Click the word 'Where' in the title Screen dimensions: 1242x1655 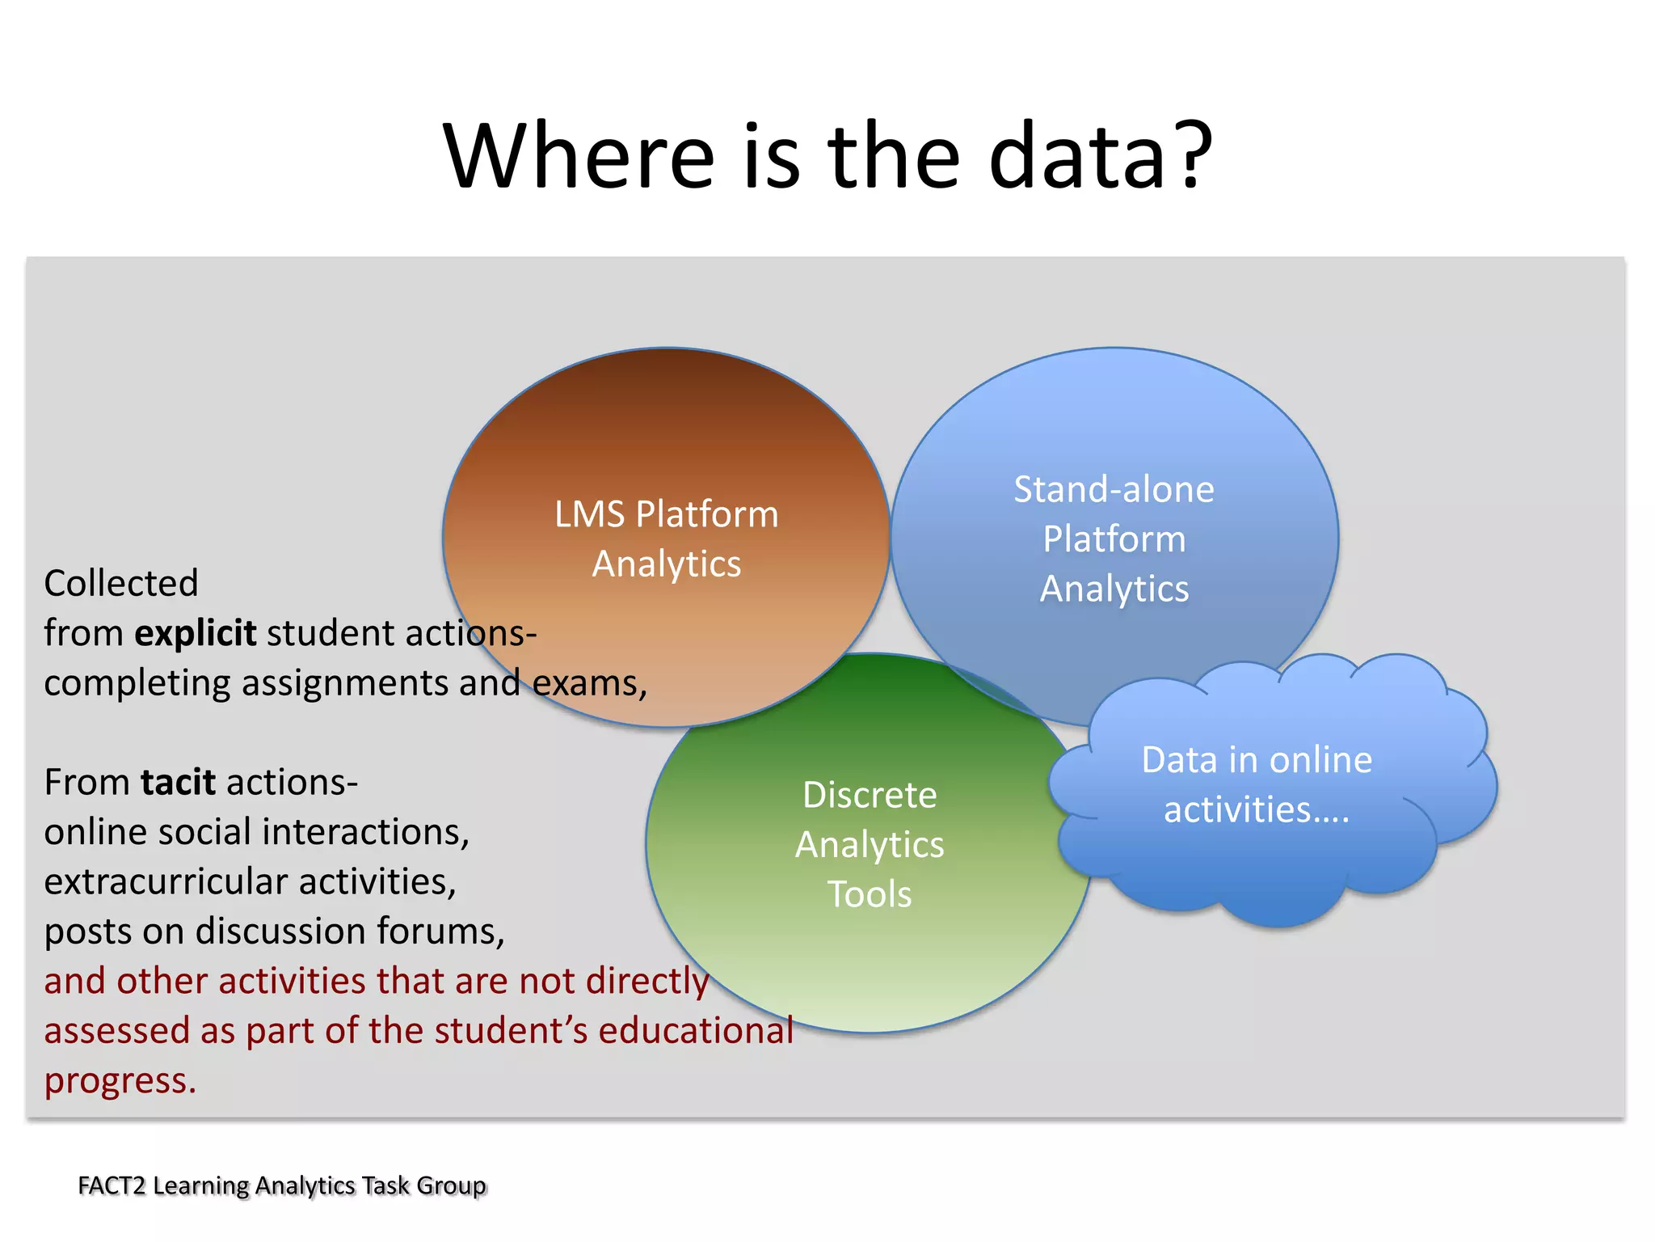(x=579, y=155)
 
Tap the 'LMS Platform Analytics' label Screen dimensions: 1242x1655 (x=667, y=539)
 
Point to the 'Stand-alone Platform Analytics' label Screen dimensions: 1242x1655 (x=1114, y=539)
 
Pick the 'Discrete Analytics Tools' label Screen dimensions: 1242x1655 (x=870, y=844)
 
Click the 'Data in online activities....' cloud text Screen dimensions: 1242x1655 (x=1257, y=784)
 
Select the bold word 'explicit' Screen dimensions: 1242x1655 (x=196, y=633)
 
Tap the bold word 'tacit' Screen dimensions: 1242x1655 (x=178, y=783)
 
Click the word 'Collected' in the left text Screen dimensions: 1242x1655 (x=121, y=583)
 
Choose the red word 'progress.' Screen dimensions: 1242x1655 (x=120, y=1081)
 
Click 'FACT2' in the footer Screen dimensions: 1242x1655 (x=112, y=1185)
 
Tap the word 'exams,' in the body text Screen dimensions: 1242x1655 (x=590, y=683)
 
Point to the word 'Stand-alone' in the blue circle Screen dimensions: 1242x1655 (x=1114, y=489)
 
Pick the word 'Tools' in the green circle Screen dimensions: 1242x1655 (x=870, y=894)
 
